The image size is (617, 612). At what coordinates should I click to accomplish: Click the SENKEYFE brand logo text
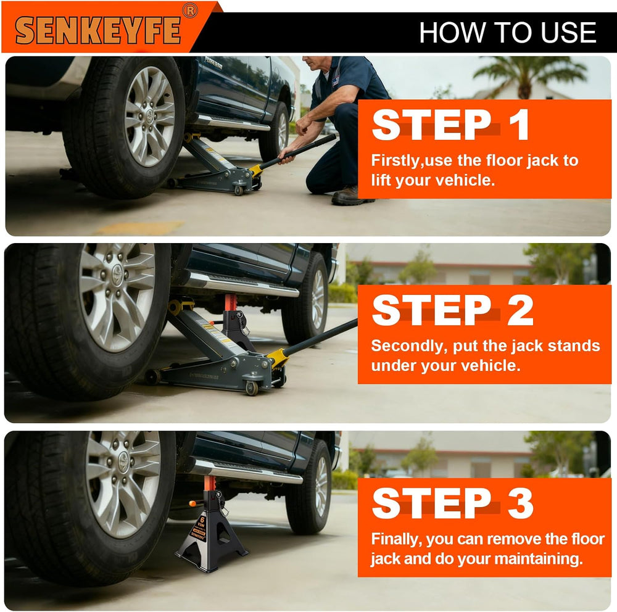[98, 30]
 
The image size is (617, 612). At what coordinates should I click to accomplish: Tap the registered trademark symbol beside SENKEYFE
[190, 10]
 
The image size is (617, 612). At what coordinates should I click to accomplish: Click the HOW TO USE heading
[508, 32]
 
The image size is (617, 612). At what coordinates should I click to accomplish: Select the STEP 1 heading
[450, 125]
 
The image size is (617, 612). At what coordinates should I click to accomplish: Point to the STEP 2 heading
[452, 310]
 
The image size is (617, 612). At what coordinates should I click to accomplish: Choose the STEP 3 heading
[452, 503]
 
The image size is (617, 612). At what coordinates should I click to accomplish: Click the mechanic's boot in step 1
[352, 196]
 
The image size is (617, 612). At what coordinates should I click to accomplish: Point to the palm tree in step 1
[528, 76]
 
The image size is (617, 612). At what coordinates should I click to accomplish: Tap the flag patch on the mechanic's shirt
[336, 81]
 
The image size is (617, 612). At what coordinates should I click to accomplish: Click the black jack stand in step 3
[210, 527]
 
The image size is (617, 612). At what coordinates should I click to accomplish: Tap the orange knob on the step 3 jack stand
[193, 503]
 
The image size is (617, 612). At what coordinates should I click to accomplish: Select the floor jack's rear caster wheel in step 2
[252, 388]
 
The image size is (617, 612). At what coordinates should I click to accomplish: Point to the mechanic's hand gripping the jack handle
[286, 156]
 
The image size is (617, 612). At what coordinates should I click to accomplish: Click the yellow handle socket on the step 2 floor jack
[278, 357]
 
